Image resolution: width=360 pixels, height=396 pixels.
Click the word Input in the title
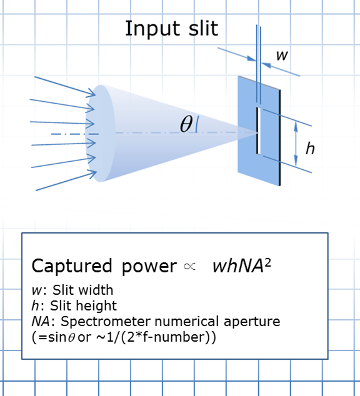152,29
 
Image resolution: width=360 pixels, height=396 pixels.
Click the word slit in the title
203,28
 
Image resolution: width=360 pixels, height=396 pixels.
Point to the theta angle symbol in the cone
186,124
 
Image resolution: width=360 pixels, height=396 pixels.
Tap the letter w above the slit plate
282,56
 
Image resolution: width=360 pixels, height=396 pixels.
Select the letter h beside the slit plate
310,148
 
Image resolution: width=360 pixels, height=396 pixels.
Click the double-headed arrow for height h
296,143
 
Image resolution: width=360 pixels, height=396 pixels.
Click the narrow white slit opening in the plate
258,131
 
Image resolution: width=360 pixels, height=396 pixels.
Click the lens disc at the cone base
100,133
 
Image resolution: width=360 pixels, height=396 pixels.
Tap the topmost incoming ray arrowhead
91,93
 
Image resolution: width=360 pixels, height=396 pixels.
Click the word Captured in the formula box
72,267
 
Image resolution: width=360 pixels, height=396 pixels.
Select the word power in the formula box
149,267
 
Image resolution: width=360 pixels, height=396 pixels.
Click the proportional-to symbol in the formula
190,267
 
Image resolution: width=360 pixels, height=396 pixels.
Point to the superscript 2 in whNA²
268,263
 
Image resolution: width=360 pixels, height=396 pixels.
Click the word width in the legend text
96,290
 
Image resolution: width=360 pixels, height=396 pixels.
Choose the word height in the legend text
96,306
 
